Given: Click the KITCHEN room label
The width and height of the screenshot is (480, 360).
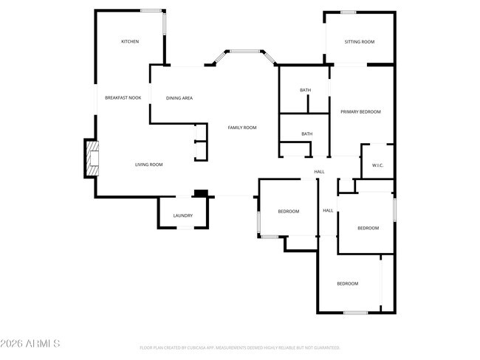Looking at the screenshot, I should coord(130,41).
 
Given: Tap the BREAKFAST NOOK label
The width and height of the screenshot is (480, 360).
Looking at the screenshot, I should coord(123,97).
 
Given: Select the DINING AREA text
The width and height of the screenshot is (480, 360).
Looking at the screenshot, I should coord(179,97).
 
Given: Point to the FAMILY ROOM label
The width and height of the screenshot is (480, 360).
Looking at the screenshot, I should coord(241,128).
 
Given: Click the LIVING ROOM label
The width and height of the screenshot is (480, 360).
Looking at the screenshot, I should coord(148,165).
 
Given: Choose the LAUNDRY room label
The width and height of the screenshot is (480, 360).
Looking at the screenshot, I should coord(182,215).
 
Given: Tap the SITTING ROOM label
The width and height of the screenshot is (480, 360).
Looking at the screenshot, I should coord(360,42).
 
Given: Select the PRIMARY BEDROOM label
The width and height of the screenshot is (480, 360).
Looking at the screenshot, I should coord(360,111).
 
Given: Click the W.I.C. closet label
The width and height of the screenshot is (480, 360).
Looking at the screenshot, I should coord(377,165).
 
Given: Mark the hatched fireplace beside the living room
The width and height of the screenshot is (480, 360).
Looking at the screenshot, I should coord(92,159).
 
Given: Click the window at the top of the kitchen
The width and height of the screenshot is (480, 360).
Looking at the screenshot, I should coord(152,10).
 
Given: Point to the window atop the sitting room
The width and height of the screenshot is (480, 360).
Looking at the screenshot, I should coord(349,11).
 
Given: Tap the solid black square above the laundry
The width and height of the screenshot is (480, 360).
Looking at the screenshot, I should coord(199,194).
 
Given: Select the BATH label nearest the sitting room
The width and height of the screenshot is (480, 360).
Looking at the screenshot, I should coord(305,90).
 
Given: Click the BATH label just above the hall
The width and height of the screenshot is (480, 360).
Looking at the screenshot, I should coord(306,134).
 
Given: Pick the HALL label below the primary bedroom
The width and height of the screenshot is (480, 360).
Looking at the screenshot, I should coord(319,172).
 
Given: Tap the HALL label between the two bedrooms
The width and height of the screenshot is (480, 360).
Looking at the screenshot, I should coord(328,211).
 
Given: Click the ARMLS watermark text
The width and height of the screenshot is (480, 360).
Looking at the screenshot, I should coord(30,344).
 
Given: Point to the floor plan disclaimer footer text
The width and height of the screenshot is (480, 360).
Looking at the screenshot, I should coord(239,347).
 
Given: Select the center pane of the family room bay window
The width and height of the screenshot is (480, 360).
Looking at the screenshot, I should coord(245,51).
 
